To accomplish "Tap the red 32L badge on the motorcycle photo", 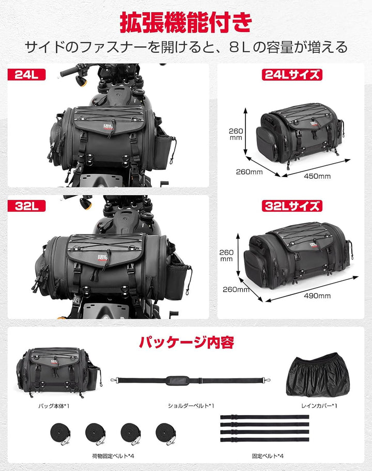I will [26, 206].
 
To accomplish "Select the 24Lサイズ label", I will [292, 74].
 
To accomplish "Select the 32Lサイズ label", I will [292, 206].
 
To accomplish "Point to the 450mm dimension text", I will [317, 176].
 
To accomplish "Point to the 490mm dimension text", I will [317, 296].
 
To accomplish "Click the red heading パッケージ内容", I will [185, 342].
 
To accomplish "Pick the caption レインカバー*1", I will [319, 406].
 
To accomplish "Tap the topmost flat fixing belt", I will [265, 416].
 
